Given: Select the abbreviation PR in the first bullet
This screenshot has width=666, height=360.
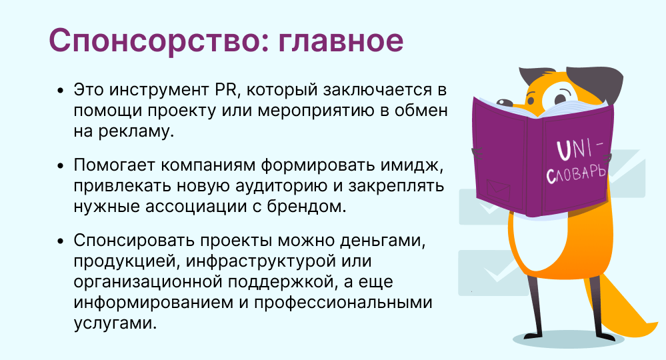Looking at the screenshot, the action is tap(223, 90).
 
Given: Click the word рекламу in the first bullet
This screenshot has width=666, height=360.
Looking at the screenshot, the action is tap(136, 131).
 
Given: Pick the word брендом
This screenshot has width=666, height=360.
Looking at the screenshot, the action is tap(306, 206).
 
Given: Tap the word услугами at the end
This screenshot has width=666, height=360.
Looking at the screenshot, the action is tap(115, 323).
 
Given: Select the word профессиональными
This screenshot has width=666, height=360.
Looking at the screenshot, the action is tap(343, 303).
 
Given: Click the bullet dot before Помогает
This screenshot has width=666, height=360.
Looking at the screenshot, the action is tap(61, 165).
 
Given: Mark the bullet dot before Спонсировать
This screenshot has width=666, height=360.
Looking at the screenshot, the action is tap(61, 241).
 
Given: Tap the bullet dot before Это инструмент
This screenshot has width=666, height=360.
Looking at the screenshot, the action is tap(61, 91).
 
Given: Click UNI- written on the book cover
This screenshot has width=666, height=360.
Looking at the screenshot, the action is tap(579, 150).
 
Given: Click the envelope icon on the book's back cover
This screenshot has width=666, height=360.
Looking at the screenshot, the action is tap(498, 190).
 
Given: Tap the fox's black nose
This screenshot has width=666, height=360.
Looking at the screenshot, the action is tap(504, 103).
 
